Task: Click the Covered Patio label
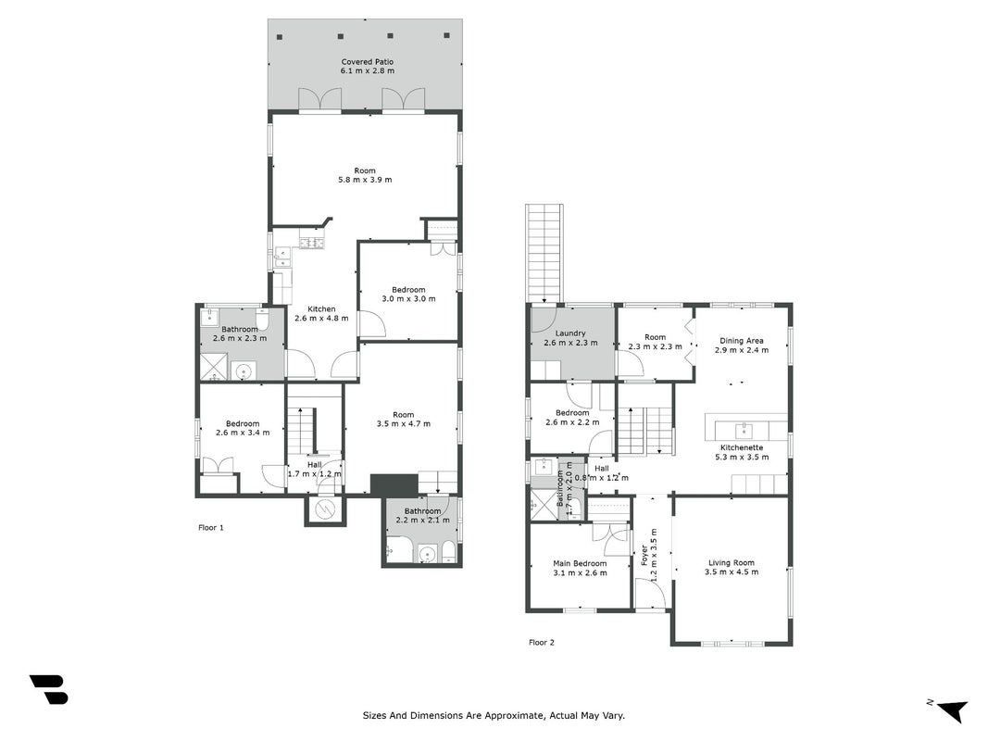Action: pyautogui.click(x=368, y=62)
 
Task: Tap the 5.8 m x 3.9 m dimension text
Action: pyautogui.click(x=365, y=180)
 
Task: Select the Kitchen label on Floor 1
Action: pyautogui.click(x=321, y=308)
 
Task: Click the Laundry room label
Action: pyautogui.click(x=570, y=333)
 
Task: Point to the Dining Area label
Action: pyautogui.click(x=742, y=341)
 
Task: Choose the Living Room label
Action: pyautogui.click(x=731, y=562)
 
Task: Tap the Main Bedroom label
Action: pyautogui.click(x=580, y=563)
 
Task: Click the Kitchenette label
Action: pyautogui.click(x=742, y=447)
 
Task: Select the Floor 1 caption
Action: pyautogui.click(x=211, y=527)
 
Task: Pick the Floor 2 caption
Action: pyautogui.click(x=542, y=643)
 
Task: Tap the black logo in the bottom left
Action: pyautogui.click(x=48, y=689)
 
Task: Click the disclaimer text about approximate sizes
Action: pyautogui.click(x=494, y=715)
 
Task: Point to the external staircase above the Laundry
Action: pyautogui.click(x=544, y=253)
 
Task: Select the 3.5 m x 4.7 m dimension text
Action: pyautogui.click(x=404, y=423)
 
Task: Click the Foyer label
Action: pyautogui.click(x=644, y=554)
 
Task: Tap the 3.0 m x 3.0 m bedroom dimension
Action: pyautogui.click(x=408, y=298)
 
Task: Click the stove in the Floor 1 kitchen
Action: pyautogui.click(x=312, y=243)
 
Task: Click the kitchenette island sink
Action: pyautogui.click(x=744, y=431)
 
